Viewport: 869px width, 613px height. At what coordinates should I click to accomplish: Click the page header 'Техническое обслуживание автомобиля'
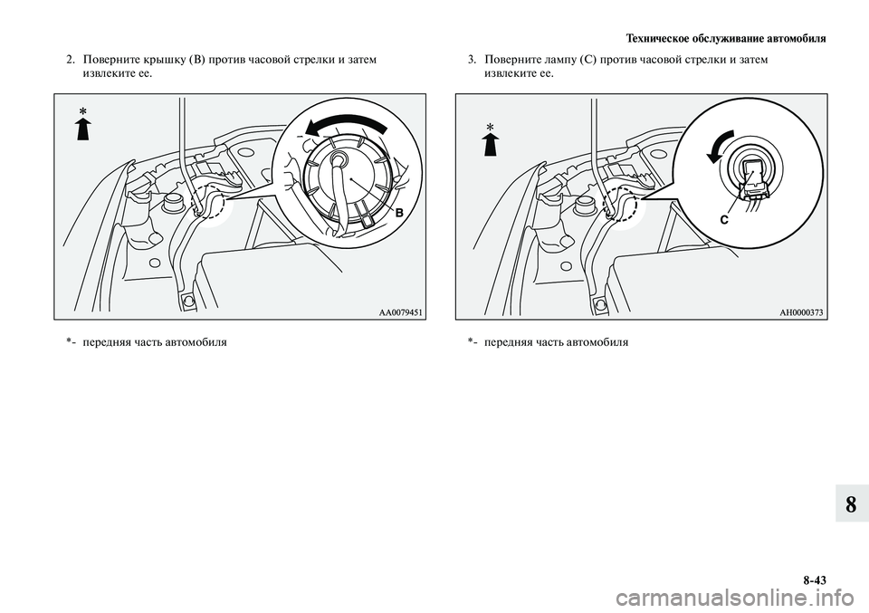click(725, 39)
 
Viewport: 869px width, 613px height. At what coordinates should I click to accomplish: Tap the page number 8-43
click(814, 580)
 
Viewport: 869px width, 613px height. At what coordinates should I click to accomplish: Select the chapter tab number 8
click(851, 505)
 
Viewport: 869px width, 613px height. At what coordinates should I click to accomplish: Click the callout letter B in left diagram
click(399, 213)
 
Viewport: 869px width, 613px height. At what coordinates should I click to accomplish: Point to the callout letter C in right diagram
click(724, 220)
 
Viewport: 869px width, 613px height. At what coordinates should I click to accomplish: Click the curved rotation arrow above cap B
click(344, 122)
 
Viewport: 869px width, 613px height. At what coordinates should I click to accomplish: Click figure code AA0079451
click(401, 313)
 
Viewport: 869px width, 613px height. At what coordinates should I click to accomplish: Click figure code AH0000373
click(801, 313)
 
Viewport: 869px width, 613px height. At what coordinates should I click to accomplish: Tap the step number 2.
click(72, 60)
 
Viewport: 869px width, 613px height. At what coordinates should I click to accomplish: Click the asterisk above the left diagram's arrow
click(83, 112)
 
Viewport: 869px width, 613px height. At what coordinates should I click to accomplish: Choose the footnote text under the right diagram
click(548, 342)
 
